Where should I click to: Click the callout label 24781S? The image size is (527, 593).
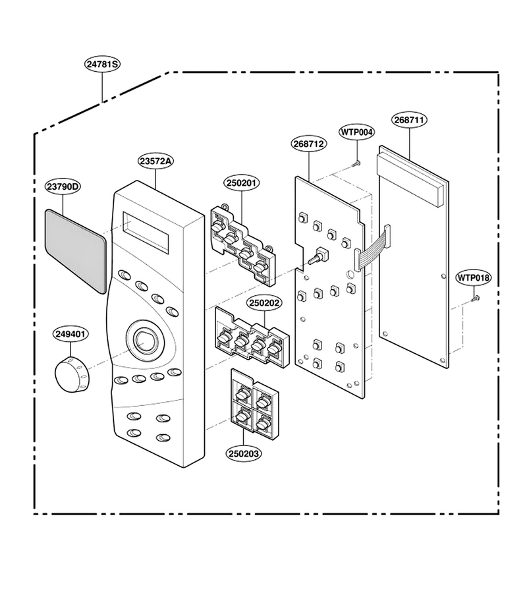pyautogui.click(x=102, y=65)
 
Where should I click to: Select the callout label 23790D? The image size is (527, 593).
pyautogui.click(x=64, y=186)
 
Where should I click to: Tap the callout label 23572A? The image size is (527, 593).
pyautogui.click(x=155, y=161)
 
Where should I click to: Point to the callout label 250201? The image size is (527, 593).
pyautogui.click(x=242, y=183)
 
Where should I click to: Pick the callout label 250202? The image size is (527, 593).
pyautogui.click(x=265, y=303)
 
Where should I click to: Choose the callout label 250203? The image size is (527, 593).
pyautogui.click(x=244, y=453)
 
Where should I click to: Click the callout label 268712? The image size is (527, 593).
pyautogui.click(x=309, y=144)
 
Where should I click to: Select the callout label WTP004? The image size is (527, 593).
pyautogui.click(x=357, y=132)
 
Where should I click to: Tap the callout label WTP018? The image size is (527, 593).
pyautogui.click(x=474, y=277)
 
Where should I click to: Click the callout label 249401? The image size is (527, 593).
pyautogui.click(x=70, y=334)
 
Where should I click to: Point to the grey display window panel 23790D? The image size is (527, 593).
pyautogui.click(x=75, y=251)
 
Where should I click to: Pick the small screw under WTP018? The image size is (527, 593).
pyautogui.click(x=475, y=298)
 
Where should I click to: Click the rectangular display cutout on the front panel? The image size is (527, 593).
pyautogui.click(x=146, y=233)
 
